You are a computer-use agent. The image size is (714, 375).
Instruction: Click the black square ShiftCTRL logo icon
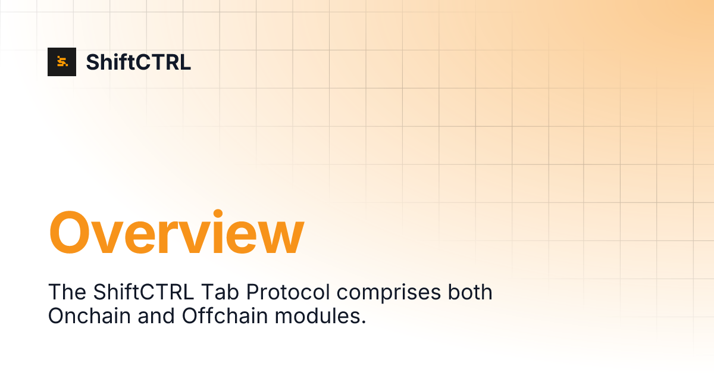coord(62,62)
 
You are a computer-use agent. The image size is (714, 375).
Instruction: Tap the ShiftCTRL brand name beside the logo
coord(139,62)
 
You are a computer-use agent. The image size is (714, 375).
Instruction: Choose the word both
coord(469,292)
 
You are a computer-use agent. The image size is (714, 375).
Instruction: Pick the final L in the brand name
coord(186,62)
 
